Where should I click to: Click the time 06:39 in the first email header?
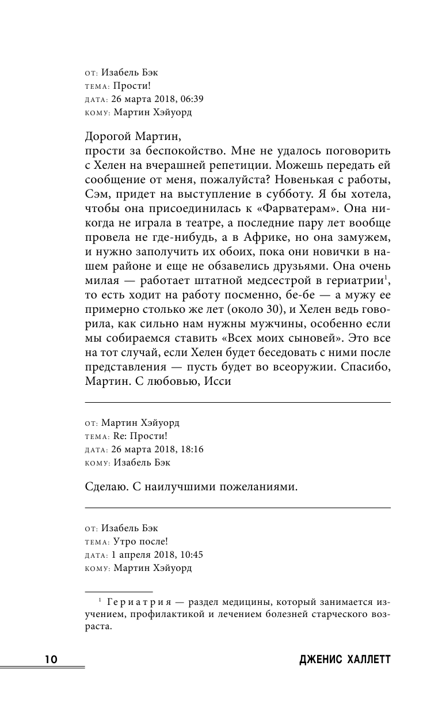pos(188,99)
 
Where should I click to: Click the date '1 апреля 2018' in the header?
pos(131,555)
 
